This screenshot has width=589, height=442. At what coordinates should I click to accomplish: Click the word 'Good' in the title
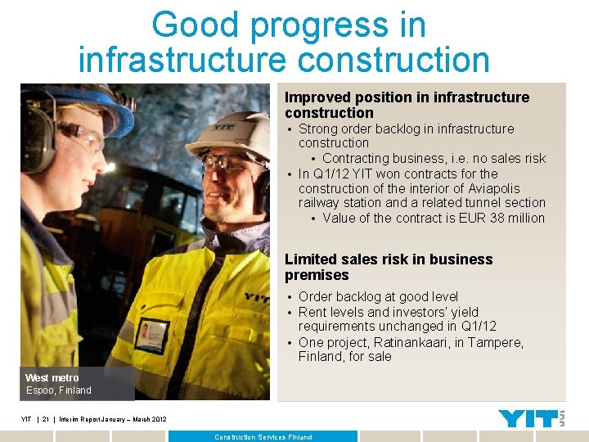(x=195, y=25)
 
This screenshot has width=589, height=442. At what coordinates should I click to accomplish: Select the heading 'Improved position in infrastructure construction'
(x=407, y=105)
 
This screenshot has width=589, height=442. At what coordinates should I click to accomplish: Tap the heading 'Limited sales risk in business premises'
(x=389, y=267)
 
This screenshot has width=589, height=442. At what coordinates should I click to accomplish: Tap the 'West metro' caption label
(x=52, y=377)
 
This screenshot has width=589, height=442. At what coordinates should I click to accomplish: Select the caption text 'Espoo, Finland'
(x=58, y=390)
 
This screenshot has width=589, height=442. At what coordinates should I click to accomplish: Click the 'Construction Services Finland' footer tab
(x=263, y=437)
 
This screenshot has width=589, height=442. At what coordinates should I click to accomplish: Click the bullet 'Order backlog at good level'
(x=378, y=296)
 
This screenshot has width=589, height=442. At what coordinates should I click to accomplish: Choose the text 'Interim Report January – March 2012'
(x=113, y=419)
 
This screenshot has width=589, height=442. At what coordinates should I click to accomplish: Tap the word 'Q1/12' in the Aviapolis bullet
(x=330, y=174)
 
